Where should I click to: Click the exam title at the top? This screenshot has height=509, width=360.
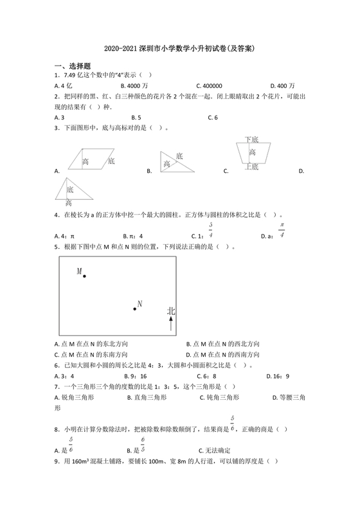[180, 48]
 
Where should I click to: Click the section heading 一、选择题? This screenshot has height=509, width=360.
[72, 66]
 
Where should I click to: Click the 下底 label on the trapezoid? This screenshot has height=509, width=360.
[251, 139]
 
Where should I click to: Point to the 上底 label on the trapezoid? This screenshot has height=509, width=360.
[251, 166]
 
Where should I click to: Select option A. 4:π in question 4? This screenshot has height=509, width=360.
[65, 236]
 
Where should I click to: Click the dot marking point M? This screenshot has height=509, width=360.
[84, 276]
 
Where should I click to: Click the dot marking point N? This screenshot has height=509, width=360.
[134, 309]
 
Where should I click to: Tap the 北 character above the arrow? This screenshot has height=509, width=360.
[170, 311]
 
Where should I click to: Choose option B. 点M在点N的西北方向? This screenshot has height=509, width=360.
[222, 344]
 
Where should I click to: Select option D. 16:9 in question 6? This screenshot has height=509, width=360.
[278, 376]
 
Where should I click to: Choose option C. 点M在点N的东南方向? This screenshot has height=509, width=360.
[91, 354]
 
